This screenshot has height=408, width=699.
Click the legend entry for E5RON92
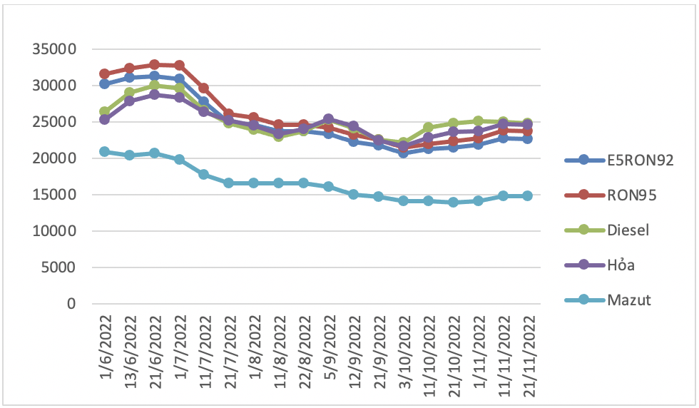[619, 160]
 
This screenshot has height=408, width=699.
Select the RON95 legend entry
[611, 195]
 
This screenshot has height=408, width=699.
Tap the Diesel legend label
[607, 230]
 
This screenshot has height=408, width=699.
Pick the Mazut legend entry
[608, 300]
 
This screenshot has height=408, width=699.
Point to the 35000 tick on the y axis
[54, 49]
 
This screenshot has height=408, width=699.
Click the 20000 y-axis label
[54, 158]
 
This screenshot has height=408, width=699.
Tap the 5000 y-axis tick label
[58, 267]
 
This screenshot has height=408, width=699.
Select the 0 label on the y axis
[71, 304]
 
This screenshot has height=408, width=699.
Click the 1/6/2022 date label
[106, 347]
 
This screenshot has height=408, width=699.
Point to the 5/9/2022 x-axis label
[330, 347]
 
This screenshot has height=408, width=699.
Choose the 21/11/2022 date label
[529, 356]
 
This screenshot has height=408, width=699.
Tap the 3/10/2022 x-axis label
[404, 352]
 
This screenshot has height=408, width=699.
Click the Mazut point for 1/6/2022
[105, 152]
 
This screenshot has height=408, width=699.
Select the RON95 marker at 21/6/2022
[155, 65]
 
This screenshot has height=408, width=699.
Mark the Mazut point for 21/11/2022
[527, 195]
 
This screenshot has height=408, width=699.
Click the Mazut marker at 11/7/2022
[204, 174]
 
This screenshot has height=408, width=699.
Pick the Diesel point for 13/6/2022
[130, 93]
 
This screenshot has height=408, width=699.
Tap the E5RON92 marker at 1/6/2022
[105, 84]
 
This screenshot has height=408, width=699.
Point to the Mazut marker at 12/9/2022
[354, 195]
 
